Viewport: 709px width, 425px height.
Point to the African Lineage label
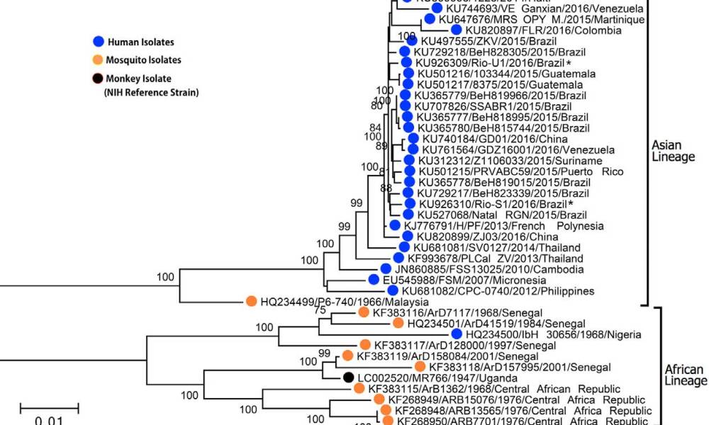(x=683, y=375)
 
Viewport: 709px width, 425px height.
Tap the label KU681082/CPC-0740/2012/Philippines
(x=498, y=291)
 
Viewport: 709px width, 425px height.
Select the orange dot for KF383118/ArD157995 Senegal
(x=420, y=367)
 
